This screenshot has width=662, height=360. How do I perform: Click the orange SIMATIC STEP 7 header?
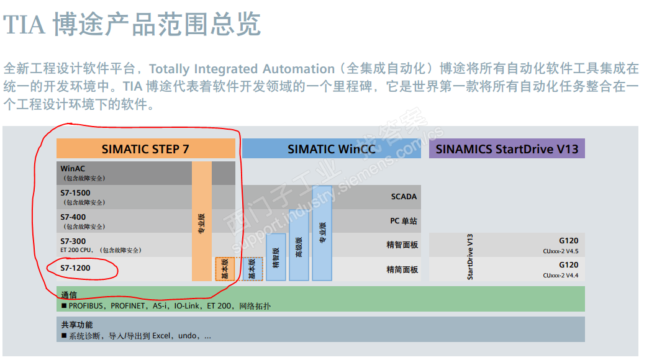click(x=146, y=148)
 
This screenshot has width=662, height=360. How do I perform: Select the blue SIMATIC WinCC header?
click(x=332, y=148)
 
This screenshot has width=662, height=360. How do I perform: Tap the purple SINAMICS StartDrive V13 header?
click(x=507, y=148)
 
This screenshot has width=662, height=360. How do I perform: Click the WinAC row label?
click(x=73, y=168)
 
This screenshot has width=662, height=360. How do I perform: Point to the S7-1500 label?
click(x=75, y=193)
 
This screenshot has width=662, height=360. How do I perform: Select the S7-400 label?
click(x=73, y=217)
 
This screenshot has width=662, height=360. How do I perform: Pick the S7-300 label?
click(x=73, y=241)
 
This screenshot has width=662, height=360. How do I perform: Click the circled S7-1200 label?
click(x=75, y=268)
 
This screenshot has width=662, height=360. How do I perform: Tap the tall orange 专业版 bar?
click(x=202, y=221)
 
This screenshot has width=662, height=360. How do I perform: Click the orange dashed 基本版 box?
click(x=225, y=269)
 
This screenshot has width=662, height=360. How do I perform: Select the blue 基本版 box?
click(x=253, y=269)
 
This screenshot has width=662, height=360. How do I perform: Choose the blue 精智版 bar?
click(x=276, y=257)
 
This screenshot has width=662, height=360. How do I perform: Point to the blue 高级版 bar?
click(x=299, y=245)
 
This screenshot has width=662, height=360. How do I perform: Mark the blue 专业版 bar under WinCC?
click(x=322, y=233)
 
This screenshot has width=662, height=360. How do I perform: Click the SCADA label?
click(x=404, y=197)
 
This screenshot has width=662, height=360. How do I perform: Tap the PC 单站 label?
click(x=403, y=221)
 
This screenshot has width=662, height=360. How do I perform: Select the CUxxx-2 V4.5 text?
click(x=561, y=251)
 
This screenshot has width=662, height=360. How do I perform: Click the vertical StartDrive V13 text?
click(x=470, y=256)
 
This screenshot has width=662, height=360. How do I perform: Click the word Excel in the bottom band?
click(x=161, y=336)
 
